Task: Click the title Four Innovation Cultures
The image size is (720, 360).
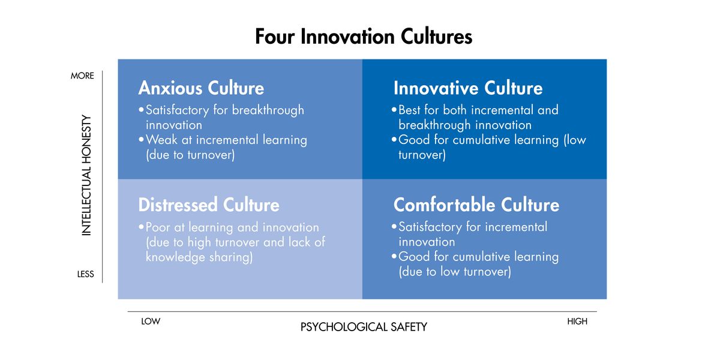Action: click(364, 37)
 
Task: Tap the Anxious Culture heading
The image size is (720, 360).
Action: click(201, 88)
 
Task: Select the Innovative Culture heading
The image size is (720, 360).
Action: click(468, 88)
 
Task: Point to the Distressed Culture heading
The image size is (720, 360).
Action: click(209, 205)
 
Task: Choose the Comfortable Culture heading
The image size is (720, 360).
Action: click(476, 205)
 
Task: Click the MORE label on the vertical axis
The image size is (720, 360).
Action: click(82, 76)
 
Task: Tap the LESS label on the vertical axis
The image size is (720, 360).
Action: click(85, 274)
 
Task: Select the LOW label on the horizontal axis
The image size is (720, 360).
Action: click(151, 322)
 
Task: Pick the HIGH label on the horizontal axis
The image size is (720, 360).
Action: click(577, 322)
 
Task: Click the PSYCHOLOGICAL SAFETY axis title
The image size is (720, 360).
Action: click(364, 327)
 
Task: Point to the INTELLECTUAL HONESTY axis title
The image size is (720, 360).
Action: click(86, 175)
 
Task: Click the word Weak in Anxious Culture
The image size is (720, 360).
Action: click(161, 140)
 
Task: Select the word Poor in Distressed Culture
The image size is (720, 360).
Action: click(158, 227)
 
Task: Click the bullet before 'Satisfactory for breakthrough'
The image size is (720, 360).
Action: click(141, 110)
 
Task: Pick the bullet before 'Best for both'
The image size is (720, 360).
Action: click(394, 110)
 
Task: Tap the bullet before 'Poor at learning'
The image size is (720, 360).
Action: click(141, 227)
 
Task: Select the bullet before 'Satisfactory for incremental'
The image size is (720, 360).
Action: click(394, 227)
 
